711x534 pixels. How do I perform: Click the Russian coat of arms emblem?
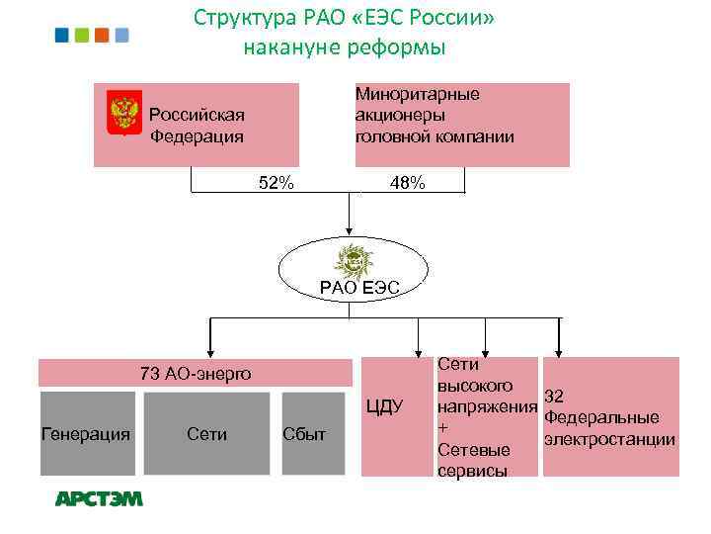tap(122, 114)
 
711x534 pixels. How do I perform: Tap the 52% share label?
tap(276, 183)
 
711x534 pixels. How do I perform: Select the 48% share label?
tap(408, 183)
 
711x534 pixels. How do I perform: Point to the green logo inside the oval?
tap(354, 261)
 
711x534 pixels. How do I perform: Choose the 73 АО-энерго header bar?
tap(196, 373)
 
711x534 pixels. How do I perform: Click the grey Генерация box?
tap(86, 433)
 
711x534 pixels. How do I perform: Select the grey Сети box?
tap(206, 433)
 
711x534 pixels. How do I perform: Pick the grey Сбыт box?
tap(304, 433)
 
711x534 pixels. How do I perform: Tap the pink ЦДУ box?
tap(384, 415)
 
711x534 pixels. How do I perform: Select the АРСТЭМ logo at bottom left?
tap(99, 499)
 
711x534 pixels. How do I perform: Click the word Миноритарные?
tap(417, 94)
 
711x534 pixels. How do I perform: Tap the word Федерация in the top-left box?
tap(197, 135)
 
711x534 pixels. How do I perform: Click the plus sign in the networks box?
tap(442, 427)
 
